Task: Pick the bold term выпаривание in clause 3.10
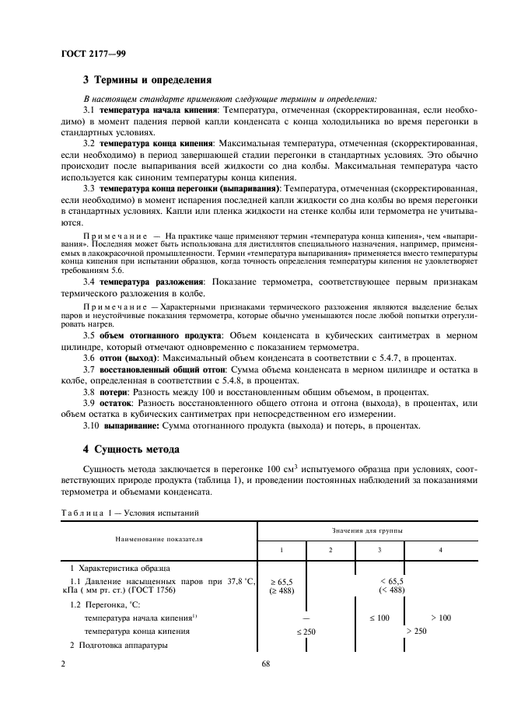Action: pos(127,425)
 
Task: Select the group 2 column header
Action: pos(330,550)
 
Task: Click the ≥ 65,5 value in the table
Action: pos(281,581)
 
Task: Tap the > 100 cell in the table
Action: pos(440,617)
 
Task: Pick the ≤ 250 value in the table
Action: pos(305,632)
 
